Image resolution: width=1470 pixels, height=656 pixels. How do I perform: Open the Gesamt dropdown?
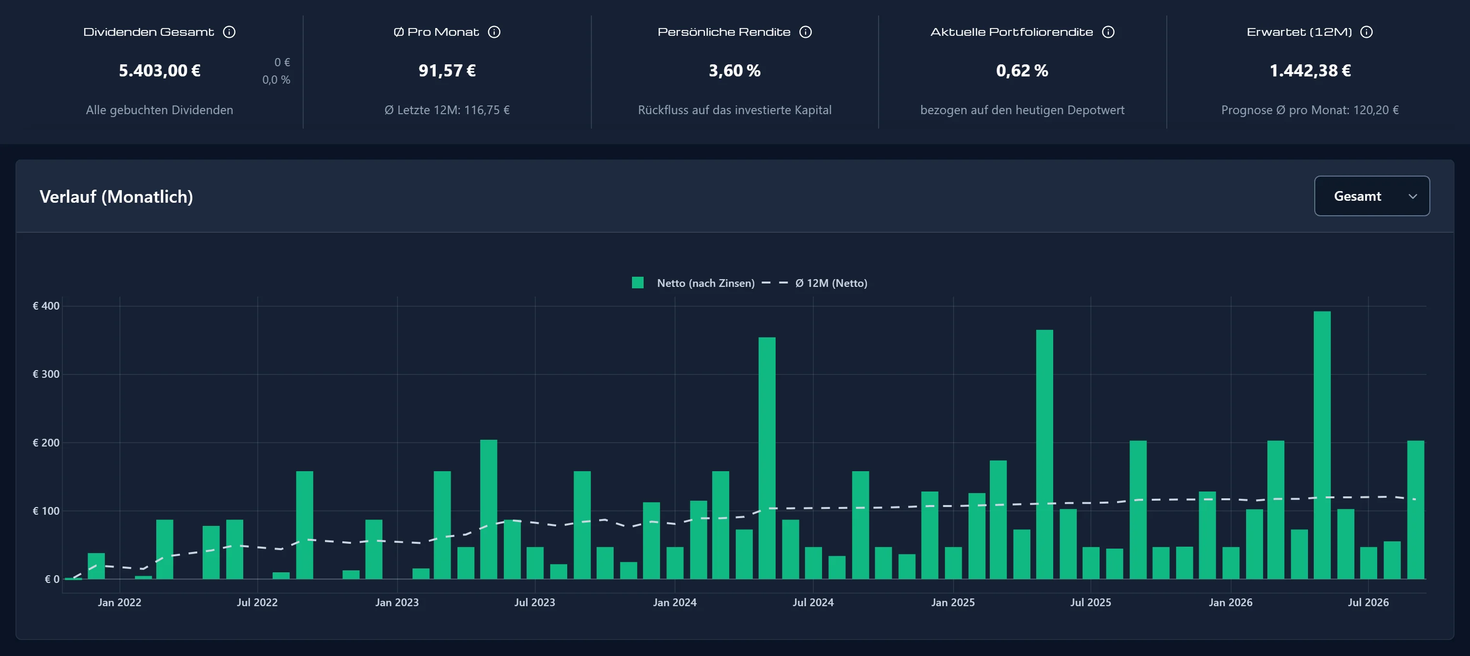tap(1371, 196)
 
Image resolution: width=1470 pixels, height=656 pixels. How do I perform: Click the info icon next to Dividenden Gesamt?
tap(229, 32)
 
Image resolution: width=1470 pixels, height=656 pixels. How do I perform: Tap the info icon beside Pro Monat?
tap(494, 32)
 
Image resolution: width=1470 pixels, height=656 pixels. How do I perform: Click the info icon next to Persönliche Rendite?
tap(805, 32)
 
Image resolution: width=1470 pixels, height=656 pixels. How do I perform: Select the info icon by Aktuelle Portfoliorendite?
tap(1108, 32)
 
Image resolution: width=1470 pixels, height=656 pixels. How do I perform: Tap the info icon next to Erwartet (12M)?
tap(1366, 32)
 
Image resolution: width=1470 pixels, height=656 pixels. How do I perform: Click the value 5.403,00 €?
tap(160, 70)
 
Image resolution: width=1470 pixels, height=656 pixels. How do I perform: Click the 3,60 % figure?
tap(735, 70)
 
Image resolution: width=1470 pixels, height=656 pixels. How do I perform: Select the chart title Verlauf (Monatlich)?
tap(117, 196)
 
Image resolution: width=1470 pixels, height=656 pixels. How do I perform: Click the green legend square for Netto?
tap(637, 283)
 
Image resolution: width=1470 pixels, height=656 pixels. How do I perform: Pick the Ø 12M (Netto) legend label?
tap(831, 283)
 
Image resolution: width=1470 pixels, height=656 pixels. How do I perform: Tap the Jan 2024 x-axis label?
tap(675, 602)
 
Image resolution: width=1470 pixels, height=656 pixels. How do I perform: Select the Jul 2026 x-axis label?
tap(1368, 602)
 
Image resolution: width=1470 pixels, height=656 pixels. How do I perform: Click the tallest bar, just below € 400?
tap(1322, 446)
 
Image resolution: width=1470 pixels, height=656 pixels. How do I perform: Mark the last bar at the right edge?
tap(1415, 510)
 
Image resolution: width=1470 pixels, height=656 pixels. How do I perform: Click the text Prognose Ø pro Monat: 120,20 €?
tap(1309, 110)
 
